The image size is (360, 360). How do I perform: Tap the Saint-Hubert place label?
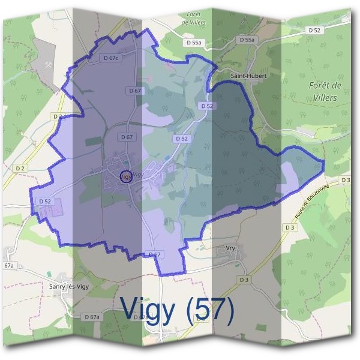[x=248, y=76]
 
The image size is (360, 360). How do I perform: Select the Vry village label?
[x=231, y=247]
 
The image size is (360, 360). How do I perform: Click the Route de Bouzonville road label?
[x=313, y=200]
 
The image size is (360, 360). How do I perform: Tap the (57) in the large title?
[x=209, y=309]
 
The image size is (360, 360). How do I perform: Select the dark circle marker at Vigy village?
[x=125, y=176]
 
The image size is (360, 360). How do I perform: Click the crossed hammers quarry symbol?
[x=49, y=64]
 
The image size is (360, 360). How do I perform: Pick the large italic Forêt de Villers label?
[x=325, y=91]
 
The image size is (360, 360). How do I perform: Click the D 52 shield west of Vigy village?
[x=46, y=202]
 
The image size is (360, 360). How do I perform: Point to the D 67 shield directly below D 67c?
[x=135, y=90]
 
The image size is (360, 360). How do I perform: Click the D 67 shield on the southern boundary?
[x=154, y=255]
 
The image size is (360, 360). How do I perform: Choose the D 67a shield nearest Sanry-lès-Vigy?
[x=92, y=316]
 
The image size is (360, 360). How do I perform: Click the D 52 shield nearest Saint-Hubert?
[x=207, y=106]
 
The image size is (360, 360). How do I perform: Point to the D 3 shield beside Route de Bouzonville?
[x=290, y=227]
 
